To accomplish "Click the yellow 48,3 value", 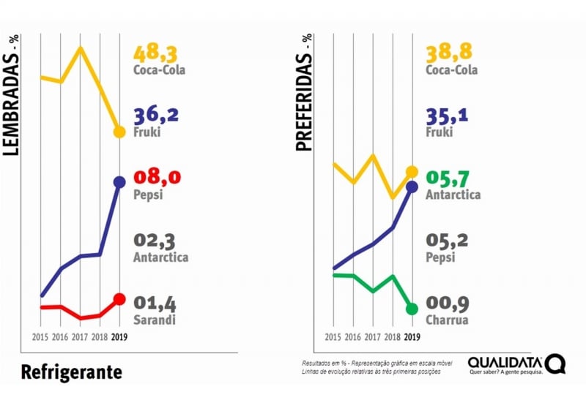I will click(156, 53).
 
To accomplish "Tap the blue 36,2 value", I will click(156, 116).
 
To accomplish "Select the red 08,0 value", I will click(156, 178).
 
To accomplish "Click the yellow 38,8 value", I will click(448, 53).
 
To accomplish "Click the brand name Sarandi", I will click(155, 320).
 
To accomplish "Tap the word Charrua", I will click(447, 320).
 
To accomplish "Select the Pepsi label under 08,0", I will click(148, 195).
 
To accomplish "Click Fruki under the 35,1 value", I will click(439, 132).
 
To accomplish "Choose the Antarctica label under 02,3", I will click(160, 257).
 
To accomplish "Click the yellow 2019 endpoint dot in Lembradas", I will click(119, 132).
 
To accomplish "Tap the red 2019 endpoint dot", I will click(119, 299).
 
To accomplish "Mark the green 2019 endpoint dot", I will click(412, 309).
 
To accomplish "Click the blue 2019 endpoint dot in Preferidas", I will click(412, 186).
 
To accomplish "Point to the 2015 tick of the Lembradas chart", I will click(41, 337).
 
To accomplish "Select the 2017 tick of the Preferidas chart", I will click(373, 337).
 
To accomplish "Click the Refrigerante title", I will click(71, 372).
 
